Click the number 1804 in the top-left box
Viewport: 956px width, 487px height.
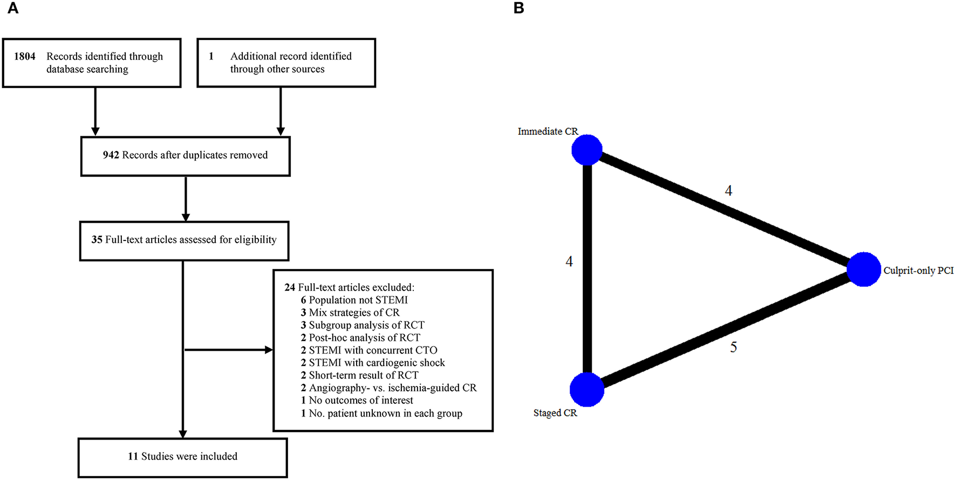[25, 57]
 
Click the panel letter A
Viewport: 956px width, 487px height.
[13, 9]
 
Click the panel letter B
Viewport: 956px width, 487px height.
[519, 9]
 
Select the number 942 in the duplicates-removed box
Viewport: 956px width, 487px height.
[111, 155]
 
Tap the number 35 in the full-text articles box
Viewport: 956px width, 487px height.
[97, 240]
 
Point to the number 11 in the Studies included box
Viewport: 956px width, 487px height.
[133, 457]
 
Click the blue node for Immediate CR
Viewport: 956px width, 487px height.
[587, 150]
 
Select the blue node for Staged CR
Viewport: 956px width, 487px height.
[587, 389]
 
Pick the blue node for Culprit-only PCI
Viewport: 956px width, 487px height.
[864, 269]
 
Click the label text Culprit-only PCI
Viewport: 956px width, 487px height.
[918, 271]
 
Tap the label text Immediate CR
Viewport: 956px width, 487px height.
[548, 132]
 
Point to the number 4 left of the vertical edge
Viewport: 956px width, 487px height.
[569, 262]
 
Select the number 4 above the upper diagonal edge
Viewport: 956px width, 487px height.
[728, 191]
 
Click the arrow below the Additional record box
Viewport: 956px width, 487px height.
[281, 111]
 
